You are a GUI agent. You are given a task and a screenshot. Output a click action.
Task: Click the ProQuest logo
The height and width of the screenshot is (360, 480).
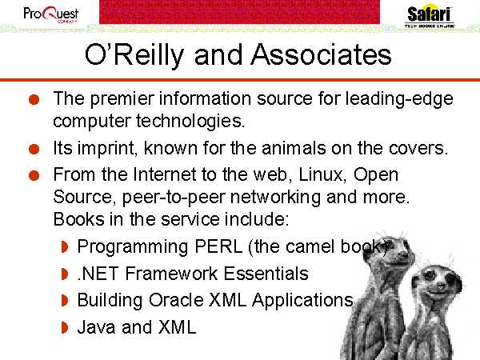(x=51, y=14)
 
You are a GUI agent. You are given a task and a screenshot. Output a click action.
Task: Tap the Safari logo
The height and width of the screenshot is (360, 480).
(x=429, y=16)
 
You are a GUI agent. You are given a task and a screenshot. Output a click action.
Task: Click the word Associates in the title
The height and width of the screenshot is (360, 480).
(x=321, y=54)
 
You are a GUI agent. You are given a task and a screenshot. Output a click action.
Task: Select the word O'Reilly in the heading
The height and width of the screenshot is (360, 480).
(x=134, y=55)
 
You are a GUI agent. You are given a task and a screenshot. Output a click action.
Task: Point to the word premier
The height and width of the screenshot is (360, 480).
(x=122, y=99)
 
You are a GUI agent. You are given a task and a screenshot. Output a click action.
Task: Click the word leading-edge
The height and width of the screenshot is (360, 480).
(x=399, y=99)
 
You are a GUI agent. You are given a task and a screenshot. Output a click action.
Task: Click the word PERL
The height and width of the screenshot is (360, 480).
(x=218, y=246)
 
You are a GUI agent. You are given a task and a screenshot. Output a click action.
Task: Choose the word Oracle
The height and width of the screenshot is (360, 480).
(x=176, y=300)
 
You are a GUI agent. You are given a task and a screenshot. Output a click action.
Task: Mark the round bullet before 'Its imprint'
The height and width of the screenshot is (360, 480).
(x=34, y=150)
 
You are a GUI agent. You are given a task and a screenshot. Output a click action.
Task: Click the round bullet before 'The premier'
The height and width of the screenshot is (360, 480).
(x=34, y=100)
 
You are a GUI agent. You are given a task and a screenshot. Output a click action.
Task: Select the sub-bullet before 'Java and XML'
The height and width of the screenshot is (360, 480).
(x=64, y=327)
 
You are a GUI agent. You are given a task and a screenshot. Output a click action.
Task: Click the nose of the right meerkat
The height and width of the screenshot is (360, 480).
(x=440, y=286)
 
